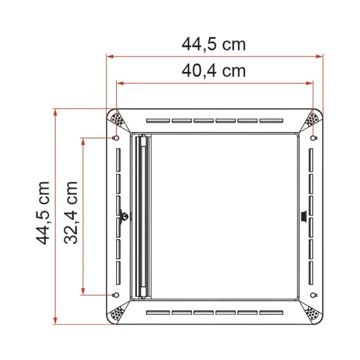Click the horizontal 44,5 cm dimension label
tap(214, 44)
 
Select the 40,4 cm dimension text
tap(214, 71)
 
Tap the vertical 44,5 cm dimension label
tap(44, 213)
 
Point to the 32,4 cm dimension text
tap(71, 212)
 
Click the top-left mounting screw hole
tap(116, 138)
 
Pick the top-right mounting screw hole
tap(313, 138)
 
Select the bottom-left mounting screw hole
tap(116, 295)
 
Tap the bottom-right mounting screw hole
tap(313, 295)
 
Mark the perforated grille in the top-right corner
tap(312, 120)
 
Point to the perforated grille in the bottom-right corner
tap(312, 313)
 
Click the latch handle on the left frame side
tap(124, 216)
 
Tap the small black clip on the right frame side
tap(303, 216)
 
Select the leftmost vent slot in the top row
tap(158, 121)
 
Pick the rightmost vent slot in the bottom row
tap(271, 312)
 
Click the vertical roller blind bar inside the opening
tap(143, 216)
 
